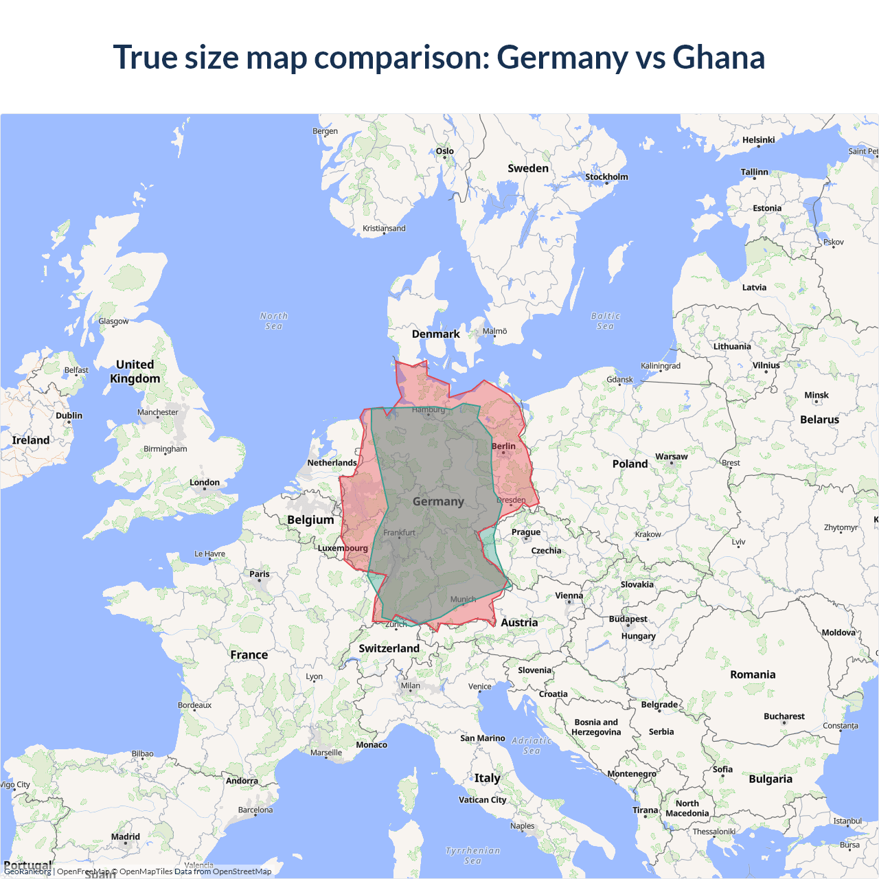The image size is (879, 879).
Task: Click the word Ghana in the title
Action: [x=718, y=57]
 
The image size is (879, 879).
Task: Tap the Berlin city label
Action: [x=503, y=446]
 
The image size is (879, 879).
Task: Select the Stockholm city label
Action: [x=606, y=177]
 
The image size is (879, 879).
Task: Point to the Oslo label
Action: [x=445, y=151]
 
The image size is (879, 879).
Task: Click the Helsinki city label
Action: [x=758, y=140]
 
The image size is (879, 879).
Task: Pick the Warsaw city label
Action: [x=671, y=457]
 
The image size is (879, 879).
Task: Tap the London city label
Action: [x=205, y=483]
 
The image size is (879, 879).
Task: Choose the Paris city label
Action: [x=260, y=574]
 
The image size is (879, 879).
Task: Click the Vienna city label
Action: [x=569, y=596]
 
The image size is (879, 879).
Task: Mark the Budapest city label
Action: [x=628, y=619]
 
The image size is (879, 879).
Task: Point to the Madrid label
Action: [x=126, y=837]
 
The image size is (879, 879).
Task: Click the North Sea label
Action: [x=274, y=321]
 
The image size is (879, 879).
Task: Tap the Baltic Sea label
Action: [x=605, y=321]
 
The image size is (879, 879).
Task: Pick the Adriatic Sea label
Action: [x=532, y=745]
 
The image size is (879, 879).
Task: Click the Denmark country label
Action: [x=435, y=334]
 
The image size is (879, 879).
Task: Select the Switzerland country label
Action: [x=389, y=648]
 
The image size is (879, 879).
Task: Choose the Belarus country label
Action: [x=819, y=420]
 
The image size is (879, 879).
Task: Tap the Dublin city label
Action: [x=69, y=416]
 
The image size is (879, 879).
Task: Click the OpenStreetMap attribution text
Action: [x=242, y=871]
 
